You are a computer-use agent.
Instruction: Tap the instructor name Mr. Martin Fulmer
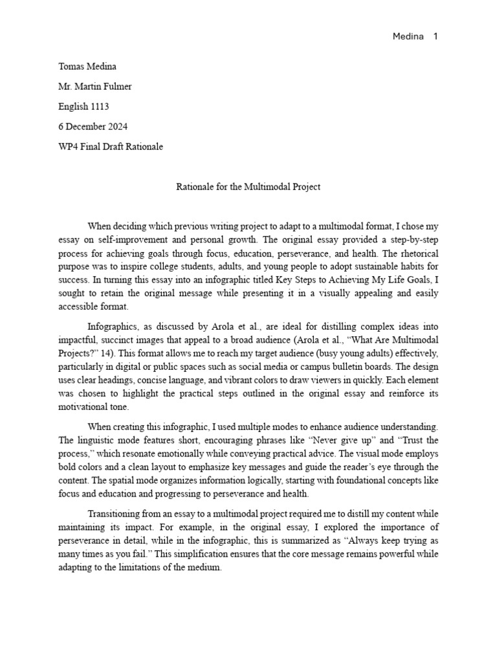tap(94, 87)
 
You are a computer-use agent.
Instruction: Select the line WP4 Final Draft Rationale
tap(111, 147)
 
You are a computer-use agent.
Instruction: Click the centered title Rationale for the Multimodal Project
tap(248, 187)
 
